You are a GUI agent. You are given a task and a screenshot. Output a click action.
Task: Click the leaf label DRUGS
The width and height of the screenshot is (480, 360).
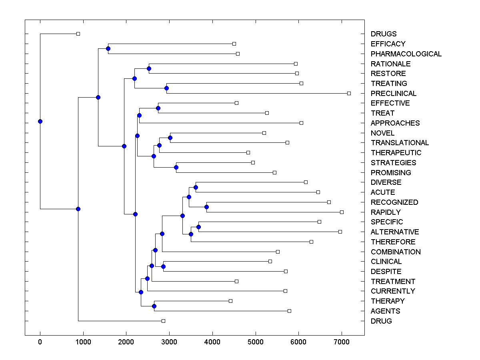pos(383,34)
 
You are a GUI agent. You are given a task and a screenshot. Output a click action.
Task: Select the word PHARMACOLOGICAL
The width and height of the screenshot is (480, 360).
pos(406,54)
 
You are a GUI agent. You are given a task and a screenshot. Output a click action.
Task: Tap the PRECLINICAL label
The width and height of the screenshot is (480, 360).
pos(393,93)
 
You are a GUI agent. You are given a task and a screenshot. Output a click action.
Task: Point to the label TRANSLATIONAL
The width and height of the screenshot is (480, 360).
pos(400,143)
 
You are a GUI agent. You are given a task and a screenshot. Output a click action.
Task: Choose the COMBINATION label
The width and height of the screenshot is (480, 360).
pos(396,252)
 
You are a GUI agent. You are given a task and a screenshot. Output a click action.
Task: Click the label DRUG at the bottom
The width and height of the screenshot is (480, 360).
pos(381,321)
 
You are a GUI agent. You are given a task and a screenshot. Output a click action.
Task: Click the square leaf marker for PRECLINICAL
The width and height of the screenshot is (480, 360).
pos(349,93)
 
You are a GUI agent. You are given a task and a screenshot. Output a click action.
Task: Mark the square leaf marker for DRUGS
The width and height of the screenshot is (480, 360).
pos(78,34)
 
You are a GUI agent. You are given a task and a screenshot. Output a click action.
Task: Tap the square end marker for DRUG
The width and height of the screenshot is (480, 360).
pos(163,321)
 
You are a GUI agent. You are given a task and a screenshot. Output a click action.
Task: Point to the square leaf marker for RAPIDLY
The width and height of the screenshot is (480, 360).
pos(342,212)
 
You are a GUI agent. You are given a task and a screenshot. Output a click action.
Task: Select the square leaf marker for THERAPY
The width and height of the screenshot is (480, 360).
pos(230,301)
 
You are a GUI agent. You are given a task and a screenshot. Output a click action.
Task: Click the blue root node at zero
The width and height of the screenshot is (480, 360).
pos(40,121)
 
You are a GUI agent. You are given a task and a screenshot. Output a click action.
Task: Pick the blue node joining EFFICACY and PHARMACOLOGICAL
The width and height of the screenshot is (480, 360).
pos(108,48)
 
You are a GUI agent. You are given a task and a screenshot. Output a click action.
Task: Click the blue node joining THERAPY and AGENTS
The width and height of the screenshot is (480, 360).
pos(154,306)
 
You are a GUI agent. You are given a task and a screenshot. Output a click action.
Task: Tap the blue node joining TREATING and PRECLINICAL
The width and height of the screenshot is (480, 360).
pos(167,88)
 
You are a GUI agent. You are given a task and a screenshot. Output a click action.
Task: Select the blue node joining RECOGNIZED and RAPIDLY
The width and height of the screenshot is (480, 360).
pos(206,207)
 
